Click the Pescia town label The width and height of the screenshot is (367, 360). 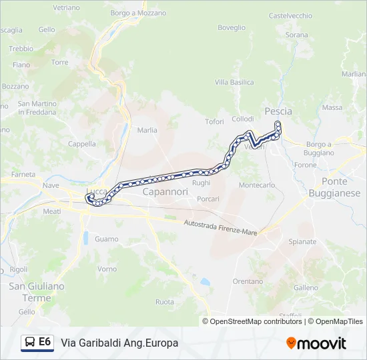tap(278, 111)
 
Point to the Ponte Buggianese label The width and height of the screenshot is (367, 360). tap(334, 187)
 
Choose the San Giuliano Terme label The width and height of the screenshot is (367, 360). tap(37, 292)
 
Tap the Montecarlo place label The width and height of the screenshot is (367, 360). tap(257, 185)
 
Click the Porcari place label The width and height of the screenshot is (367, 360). tap(208, 199)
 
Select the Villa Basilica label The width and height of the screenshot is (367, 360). tap(234, 82)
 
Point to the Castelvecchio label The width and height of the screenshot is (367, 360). tap(290, 15)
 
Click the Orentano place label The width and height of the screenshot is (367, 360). tap(248, 281)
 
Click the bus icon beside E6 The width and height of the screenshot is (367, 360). tap(29, 343)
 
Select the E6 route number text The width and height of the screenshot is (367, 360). tap(45, 342)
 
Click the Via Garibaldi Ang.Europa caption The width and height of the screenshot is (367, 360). tap(119, 343)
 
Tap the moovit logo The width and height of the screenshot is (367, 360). tap(316, 343)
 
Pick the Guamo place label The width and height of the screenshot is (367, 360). tap(107, 239)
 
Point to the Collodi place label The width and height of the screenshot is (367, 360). tap(242, 119)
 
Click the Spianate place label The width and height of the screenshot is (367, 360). tap(303, 241)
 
